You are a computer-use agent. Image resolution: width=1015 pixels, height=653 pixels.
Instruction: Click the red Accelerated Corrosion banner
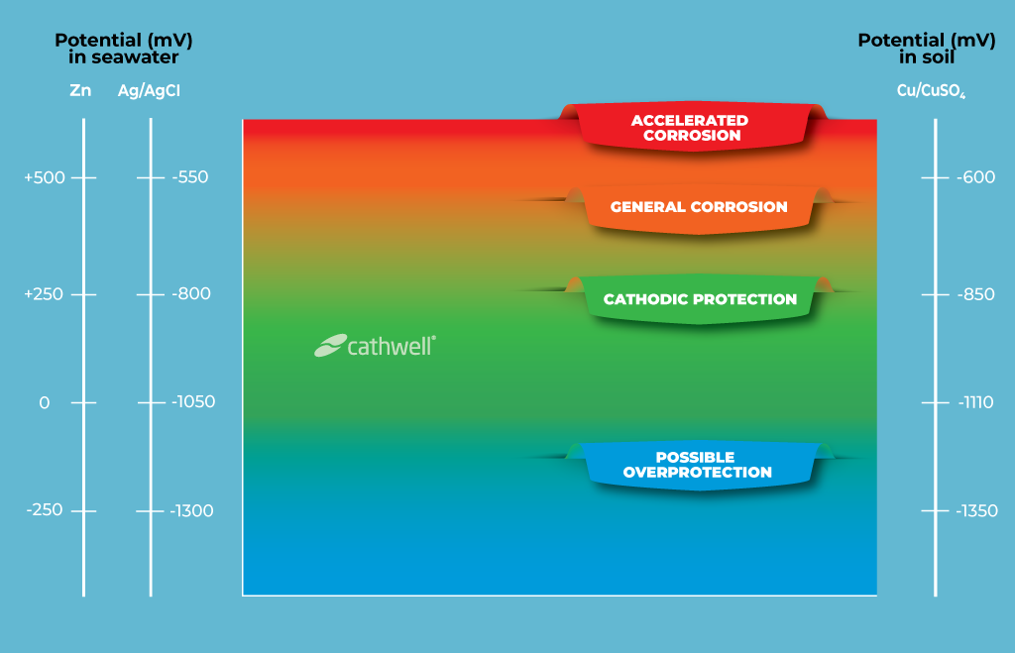(x=690, y=128)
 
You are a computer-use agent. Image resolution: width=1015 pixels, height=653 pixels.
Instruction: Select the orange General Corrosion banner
(x=699, y=207)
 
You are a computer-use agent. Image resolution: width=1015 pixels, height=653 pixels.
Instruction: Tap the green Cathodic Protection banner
(x=700, y=299)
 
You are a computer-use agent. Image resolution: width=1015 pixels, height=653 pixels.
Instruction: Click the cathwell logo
(x=376, y=345)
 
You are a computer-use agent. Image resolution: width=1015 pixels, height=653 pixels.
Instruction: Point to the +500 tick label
(x=44, y=178)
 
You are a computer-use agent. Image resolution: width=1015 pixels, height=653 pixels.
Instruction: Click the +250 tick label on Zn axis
(x=44, y=294)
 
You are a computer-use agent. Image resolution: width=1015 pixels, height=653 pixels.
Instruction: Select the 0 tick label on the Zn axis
(x=44, y=402)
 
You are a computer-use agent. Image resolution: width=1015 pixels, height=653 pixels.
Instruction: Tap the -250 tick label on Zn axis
(x=44, y=510)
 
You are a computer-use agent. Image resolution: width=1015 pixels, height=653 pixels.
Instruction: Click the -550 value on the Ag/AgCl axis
(x=190, y=177)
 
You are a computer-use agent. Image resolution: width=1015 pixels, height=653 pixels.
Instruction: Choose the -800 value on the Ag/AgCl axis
(x=191, y=294)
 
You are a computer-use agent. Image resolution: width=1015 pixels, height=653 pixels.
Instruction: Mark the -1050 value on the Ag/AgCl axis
(x=192, y=402)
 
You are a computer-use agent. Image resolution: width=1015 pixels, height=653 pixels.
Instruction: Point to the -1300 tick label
(x=191, y=511)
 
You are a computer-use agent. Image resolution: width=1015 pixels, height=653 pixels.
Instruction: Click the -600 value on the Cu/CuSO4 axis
(x=975, y=178)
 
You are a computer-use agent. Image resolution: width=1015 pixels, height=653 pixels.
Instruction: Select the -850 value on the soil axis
(x=975, y=294)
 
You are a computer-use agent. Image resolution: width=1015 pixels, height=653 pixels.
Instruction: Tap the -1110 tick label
(x=975, y=402)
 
